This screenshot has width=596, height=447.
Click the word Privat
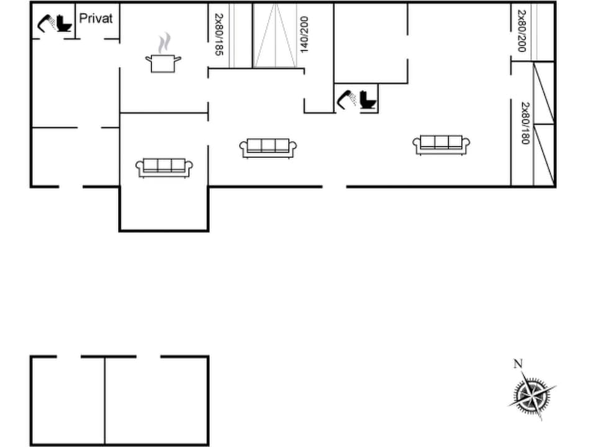coord(96,19)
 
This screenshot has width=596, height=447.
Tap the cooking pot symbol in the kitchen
coord(163,63)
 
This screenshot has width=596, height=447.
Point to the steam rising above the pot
coord(164,43)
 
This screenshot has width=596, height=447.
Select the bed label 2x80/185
coord(219,35)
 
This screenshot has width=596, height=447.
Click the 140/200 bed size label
coord(304,35)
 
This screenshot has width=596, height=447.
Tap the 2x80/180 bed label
coord(525,123)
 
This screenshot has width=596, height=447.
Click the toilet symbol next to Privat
coord(64,24)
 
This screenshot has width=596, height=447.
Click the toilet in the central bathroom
coord(368,99)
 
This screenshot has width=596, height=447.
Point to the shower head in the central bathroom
coord(345,98)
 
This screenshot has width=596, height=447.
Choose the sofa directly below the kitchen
coord(164,167)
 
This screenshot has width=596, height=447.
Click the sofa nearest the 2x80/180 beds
coord(441,145)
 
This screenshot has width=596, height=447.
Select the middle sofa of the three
coord(268,148)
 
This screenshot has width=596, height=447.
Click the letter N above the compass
coord(517,364)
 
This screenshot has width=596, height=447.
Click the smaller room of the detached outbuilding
coord(67,400)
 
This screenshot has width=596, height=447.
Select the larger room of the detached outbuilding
coord(156,400)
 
